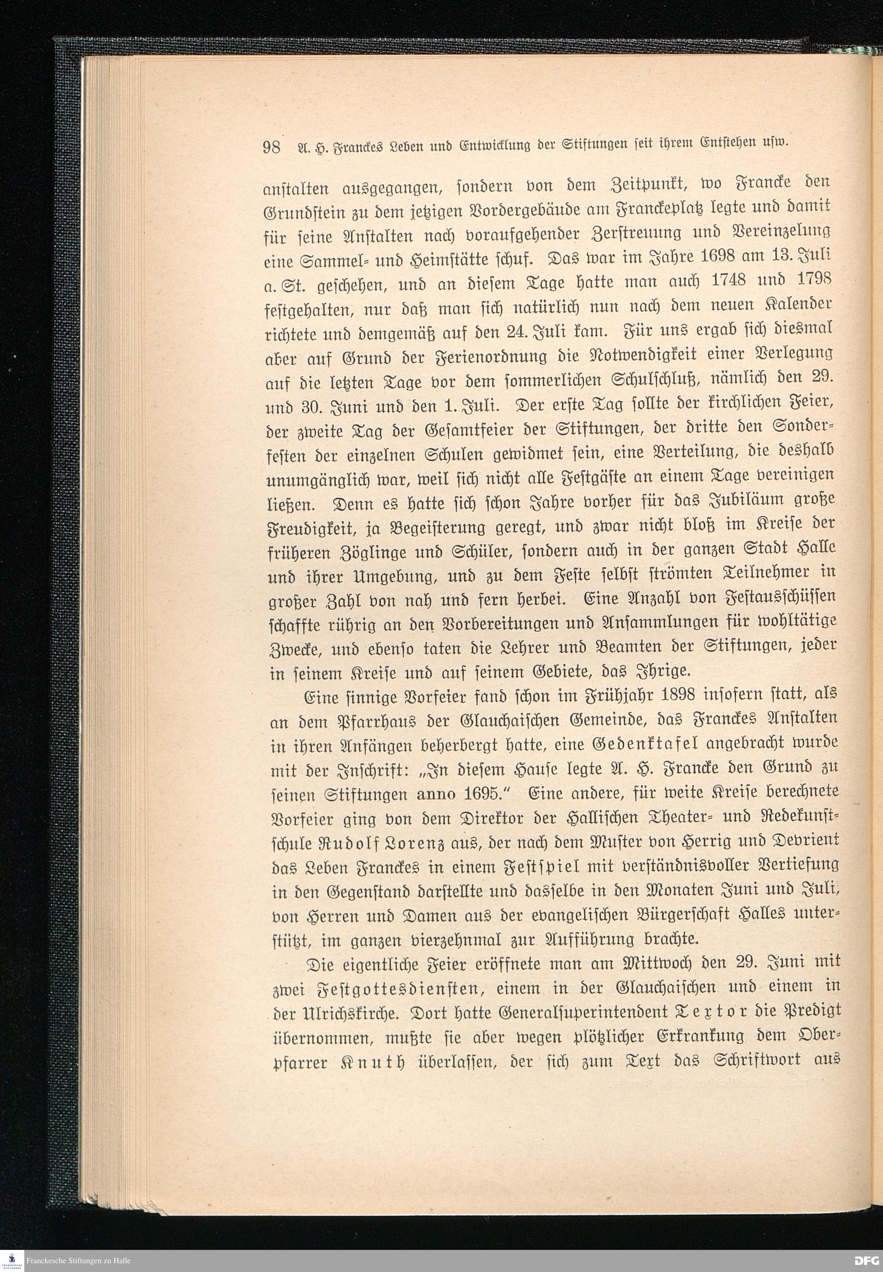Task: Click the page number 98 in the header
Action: (272, 148)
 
